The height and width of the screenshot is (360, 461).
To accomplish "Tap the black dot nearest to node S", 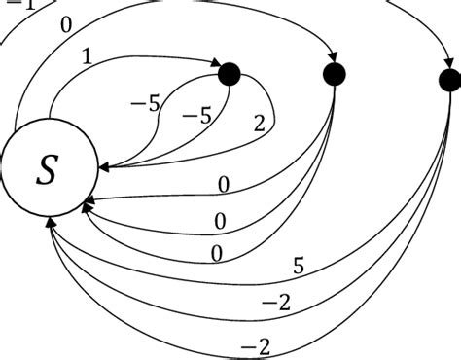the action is [x=230, y=73].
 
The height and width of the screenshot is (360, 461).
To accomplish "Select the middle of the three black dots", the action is [x=335, y=73].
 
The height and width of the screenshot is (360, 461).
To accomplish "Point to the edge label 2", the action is [x=258, y=123].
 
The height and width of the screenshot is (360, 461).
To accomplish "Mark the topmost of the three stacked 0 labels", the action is [x=226, y=185].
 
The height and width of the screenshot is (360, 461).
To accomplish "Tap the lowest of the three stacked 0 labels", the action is [x=217, y=254].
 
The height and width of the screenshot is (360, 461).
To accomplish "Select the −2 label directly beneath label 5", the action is [x=275, y=303].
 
